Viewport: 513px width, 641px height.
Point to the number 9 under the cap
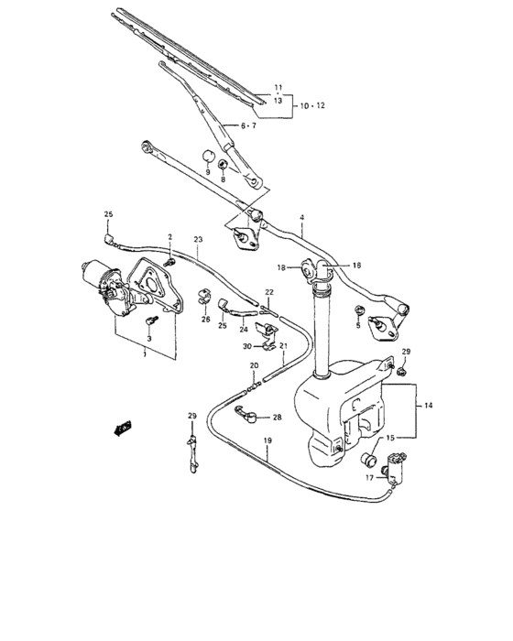(206, 171)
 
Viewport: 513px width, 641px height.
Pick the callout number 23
(197, 240)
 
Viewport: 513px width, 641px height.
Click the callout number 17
(370, 478)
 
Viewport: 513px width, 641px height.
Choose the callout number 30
(246, 346)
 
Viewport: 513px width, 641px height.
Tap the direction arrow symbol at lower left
(120, 426)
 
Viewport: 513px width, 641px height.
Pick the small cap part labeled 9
(207, 152)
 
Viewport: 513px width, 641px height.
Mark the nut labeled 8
(224, 166)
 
